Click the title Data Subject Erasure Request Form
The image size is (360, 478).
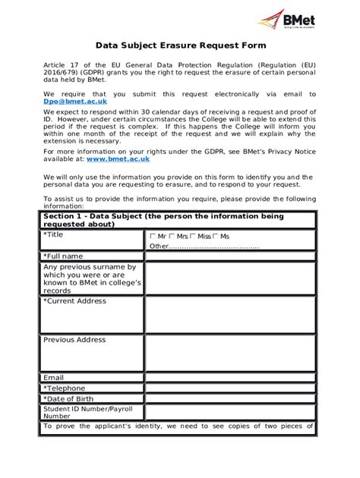coord(180,45)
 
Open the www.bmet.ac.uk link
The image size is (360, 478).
coord(118,159)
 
